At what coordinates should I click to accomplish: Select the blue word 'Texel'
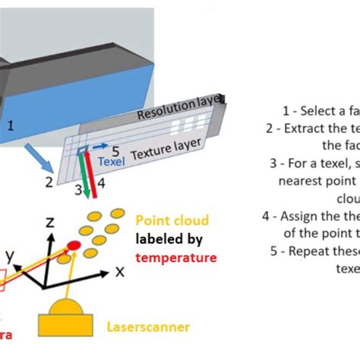[x=111, y=161]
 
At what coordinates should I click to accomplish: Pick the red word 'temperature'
[x=177, y=257]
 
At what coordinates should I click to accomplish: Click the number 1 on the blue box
[x=11, y=125]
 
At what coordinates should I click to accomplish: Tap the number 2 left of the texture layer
[x=48, y=182]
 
